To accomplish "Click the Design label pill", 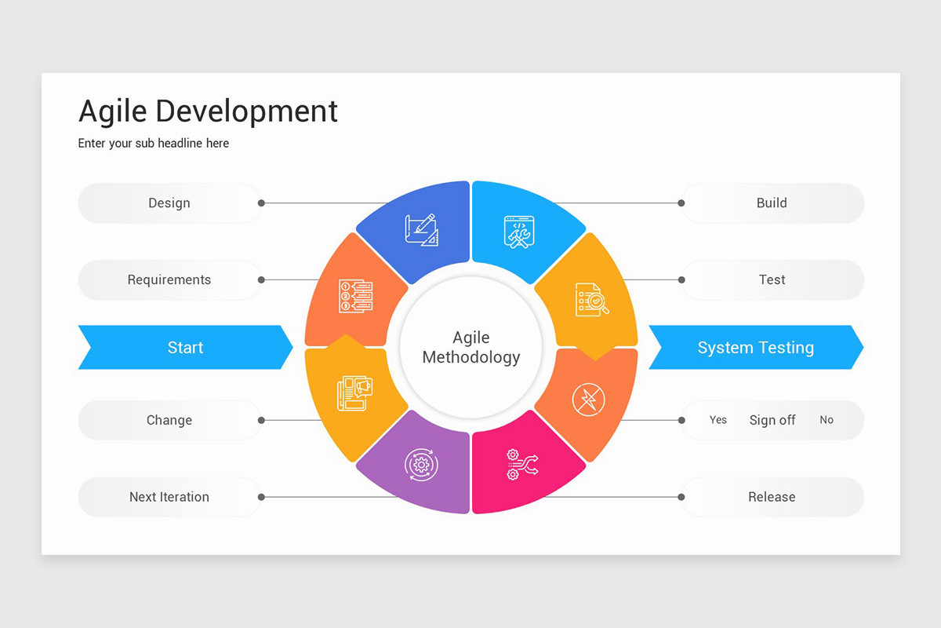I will pos(169,203).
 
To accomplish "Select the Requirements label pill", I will pos(169,280).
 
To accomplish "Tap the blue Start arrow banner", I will pos(185,348).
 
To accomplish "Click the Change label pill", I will pos(169,420).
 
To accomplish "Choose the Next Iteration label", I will pos(169,497).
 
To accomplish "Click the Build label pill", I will pos(772,203).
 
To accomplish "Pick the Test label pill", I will pos(772,280).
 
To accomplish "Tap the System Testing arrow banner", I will pos(755,348).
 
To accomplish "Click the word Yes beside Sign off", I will pos(718,420).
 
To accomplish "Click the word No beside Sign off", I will pos(827,420).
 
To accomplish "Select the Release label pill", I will pos(772,497).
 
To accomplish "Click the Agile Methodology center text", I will pos(470,348).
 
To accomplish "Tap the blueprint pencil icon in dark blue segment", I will pos(421,230).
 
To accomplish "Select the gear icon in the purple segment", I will pos(421,465).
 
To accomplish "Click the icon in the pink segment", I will pos(522,465).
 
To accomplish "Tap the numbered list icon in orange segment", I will pos(355,296).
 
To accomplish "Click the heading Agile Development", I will pos(208,111).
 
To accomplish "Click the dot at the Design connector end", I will pos(261,203).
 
